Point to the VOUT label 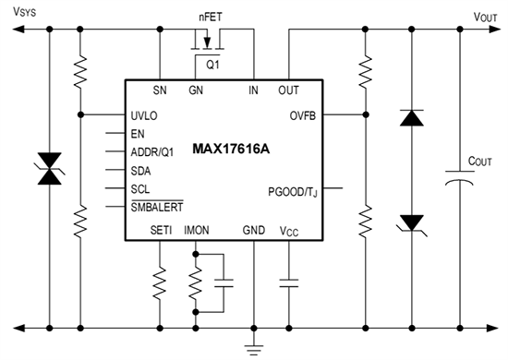click(x=486, y=16)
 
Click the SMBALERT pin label click(x=158, y=208)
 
